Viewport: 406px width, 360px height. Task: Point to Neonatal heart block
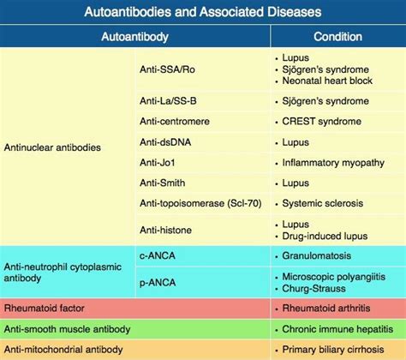click(326, 81)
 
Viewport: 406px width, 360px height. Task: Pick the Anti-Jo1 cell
click(158, 162)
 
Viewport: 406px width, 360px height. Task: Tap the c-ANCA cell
click(154, 255)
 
